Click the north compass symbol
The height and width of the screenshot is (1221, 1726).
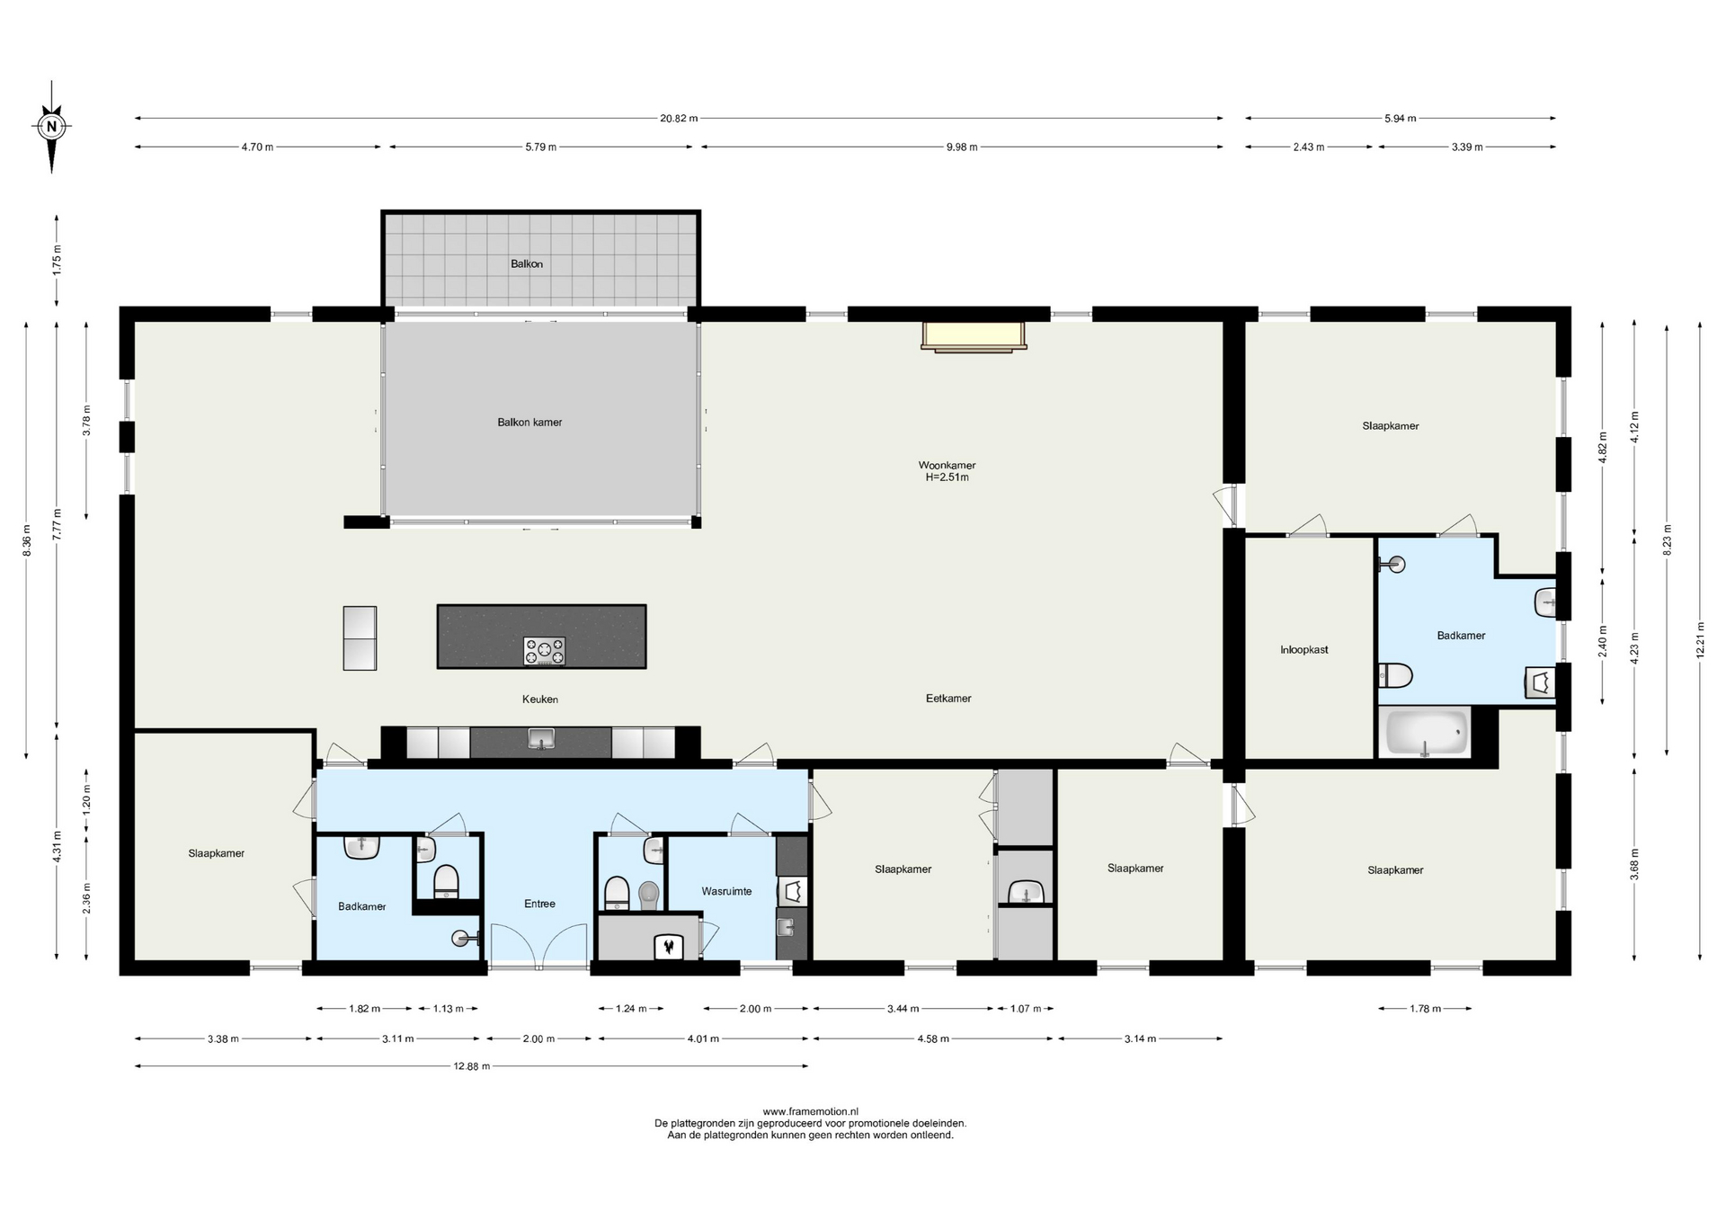coord(52,127)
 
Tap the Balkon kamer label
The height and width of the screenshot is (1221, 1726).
coord(529,423)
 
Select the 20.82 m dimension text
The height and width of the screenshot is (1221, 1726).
coord(679,119)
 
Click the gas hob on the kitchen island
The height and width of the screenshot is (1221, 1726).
coord(545,651)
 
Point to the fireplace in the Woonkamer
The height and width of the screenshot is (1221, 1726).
coord(974,335)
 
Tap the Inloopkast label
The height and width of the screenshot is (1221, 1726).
coord(1304,649)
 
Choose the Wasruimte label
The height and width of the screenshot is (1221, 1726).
coord(726,891)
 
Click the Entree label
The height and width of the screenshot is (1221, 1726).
coord(539,904)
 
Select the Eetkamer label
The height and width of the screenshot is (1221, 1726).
coord(948,699)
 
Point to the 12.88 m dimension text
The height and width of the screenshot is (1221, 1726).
coord(471,1066)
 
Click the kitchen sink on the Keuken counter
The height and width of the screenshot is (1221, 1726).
coord(541,740)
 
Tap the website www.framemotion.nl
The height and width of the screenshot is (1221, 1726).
coord(810,1112)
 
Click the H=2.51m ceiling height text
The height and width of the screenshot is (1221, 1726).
coord(948,477)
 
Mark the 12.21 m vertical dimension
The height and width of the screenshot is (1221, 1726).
coord(1700,641)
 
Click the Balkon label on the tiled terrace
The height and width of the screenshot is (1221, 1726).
coord(527,264)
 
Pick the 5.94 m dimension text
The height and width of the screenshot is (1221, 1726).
coord(1401,119)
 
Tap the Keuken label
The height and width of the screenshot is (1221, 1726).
coord(540,700)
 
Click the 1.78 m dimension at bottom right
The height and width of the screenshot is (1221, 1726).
coord(1425,1009)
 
